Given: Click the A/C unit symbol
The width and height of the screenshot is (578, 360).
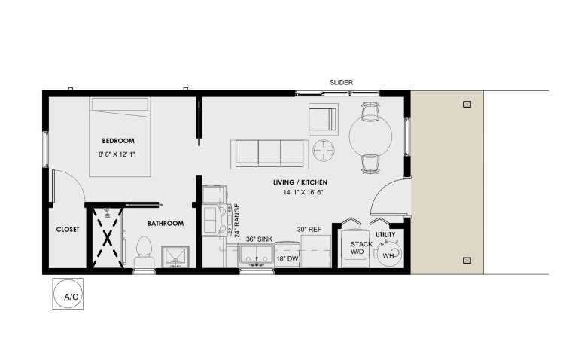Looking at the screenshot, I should pyautogui.click(x=67, y=294).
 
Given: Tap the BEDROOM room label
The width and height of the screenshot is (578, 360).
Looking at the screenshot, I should pyautogui.click(x=118, y=141).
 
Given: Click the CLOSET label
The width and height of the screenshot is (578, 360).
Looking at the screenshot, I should pyautogui.click(x=68, y=230).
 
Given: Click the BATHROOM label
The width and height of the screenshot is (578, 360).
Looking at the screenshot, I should pyautogui.click(x=165, y=223).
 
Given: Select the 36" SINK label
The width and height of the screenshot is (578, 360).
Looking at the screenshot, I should pyautogui.click(x=258, y=239).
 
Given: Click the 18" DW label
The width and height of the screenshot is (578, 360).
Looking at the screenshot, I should pyautogui.click(x=286, y=258).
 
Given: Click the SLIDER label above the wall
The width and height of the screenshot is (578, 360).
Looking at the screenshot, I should pyautogui.click(x=341, y=82).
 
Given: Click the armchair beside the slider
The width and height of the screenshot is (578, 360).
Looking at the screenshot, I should pyautogui.click(x=323, y=120).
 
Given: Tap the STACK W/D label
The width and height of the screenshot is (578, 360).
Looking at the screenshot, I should pyautogui.click(x=362, y=248).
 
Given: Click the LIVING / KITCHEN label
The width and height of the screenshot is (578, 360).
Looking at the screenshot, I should pyautogui.click(x=300, y=182).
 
